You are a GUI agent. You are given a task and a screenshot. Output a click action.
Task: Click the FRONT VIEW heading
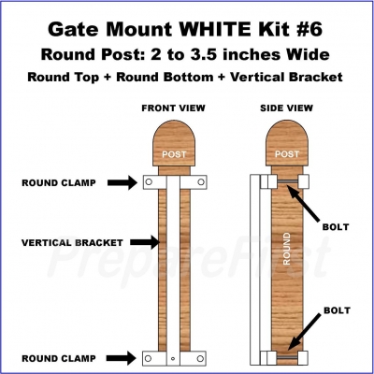pyautogui.click(x=173, y=108)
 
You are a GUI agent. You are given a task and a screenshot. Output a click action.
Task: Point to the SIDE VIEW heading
pyautogui.click(x=286, y=108)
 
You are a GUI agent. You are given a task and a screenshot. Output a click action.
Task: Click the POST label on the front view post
pyautogui.click(x=174, y=154)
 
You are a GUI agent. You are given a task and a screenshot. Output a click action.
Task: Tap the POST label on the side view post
pyautogui.click(x=287, y=154)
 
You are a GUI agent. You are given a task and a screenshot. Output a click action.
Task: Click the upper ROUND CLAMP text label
pyautogui.click(x=59, y=182)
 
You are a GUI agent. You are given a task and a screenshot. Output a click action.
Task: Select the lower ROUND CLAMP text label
pyautogui.click(x=59, y=358)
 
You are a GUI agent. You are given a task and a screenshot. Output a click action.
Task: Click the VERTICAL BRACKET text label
pyautogui.click(x=72, y=242)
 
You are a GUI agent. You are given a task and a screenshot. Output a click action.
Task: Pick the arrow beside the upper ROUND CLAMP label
pyautogui.click(x=122, y=182)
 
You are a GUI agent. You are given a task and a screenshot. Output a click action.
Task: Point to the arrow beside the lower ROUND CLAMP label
pyautogui.click(x=122, y=358)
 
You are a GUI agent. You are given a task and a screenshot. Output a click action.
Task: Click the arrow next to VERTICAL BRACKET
pyautogui.click(x=145, y=242)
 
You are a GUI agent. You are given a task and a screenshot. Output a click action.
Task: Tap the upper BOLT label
pyautogui.click(x=336, y=227)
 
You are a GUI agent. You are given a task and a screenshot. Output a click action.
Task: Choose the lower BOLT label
pyautogui.click(x=337, y=310)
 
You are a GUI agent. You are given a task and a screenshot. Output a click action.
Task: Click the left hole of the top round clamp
pyautogui.click(x=149, y=181)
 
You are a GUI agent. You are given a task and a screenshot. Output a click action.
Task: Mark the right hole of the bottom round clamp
pyautogui.click(x=200, y=358)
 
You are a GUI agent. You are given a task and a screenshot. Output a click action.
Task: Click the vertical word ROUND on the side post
pyautogui.click(x=286, y=249)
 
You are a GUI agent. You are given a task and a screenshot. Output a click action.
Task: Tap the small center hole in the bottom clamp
pyautogui.click(x=173, y=358)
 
